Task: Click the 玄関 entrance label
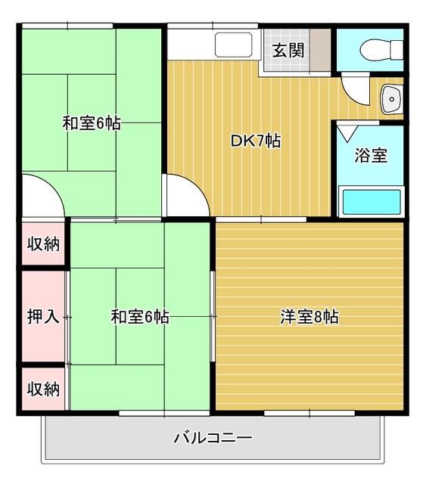click(x=288, y=51)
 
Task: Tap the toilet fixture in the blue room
click(x=381, y=49)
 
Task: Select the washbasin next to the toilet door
click(x=392, y=99)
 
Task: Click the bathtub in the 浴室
click(x=372, y=202)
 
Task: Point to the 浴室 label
click(x=371, y=155)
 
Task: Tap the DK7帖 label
click(x=256, y=141)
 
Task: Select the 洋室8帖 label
click(x=309, y=317)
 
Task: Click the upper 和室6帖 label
click(x=92, y=123)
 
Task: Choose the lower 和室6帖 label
click(x=140, y=317)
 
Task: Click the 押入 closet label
click(x=43, y=317)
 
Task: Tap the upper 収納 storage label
click(x=43, y=244)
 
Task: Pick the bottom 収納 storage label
click(x=43, y=389)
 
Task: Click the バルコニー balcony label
click(x=213, y=438)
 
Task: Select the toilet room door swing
click(x=356, y=89)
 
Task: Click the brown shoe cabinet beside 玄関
click(x=320, y=51)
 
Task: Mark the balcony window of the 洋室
click(x=309, y=413)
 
